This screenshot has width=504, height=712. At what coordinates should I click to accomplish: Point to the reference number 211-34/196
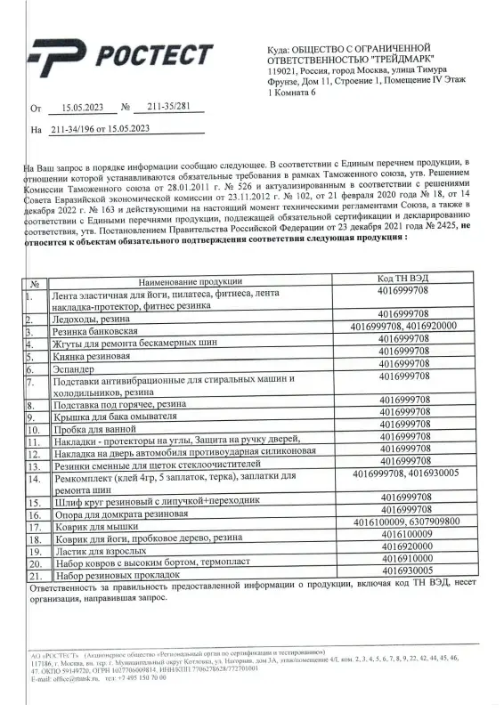75,129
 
